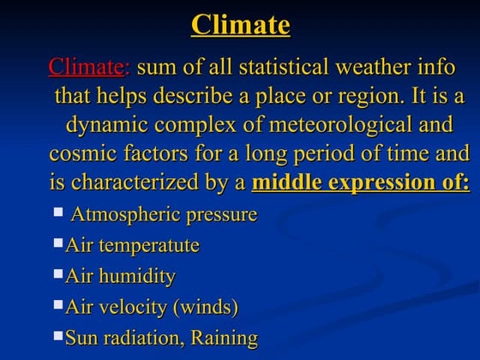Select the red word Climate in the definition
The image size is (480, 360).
(87, 67)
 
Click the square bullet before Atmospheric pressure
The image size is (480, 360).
(58, 210)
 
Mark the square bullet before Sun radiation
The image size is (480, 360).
(58, 334)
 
